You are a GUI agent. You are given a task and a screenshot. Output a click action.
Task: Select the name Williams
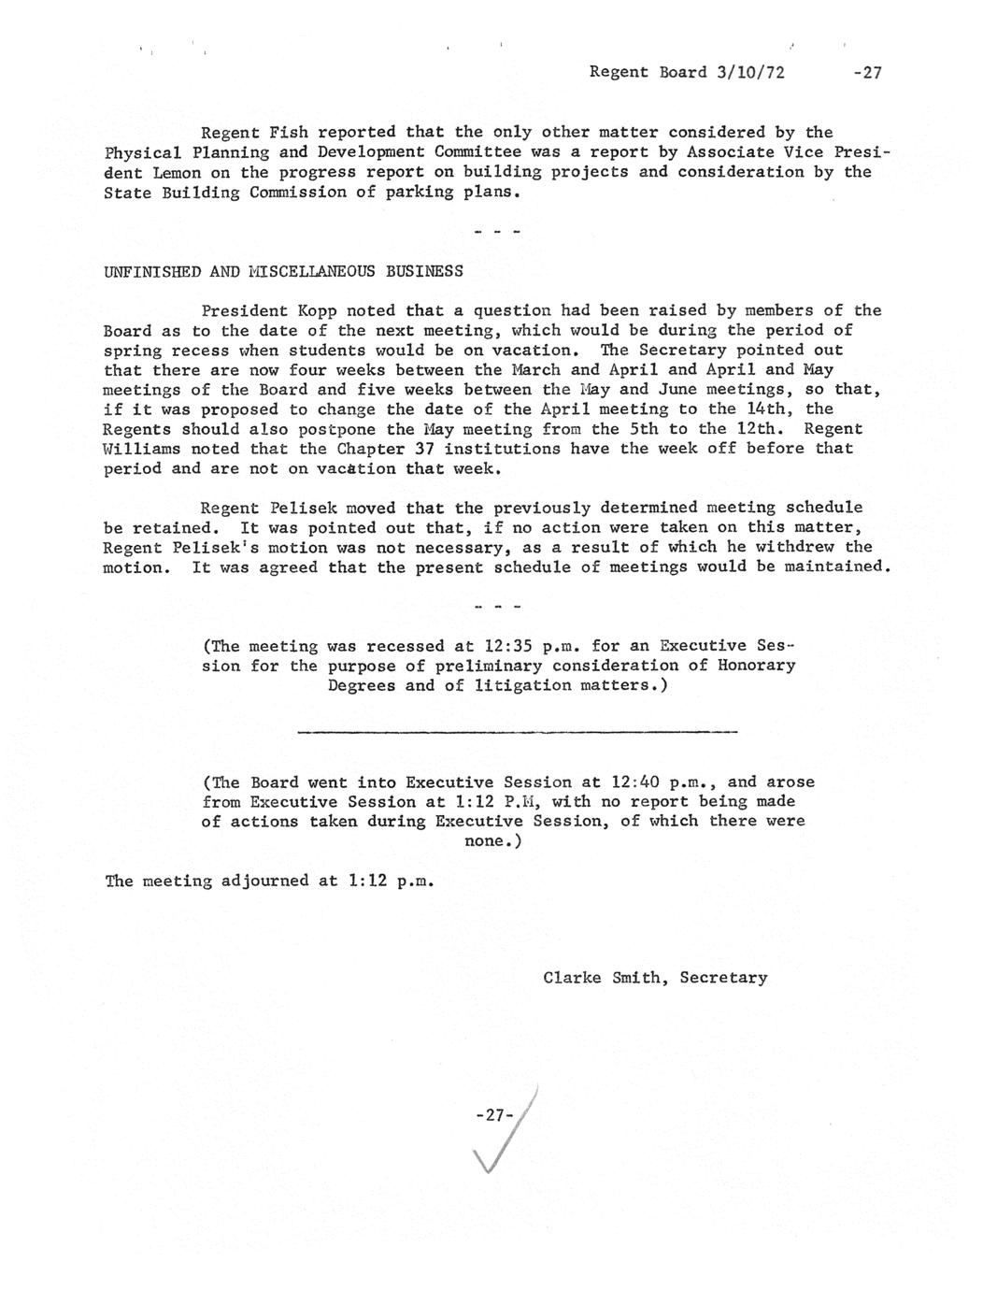pyautogui.click(x=140, y=449)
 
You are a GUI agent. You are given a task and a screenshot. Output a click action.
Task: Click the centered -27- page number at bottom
pyautogui.click(x=494, y=1114)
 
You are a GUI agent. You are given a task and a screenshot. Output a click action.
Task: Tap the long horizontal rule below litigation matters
pyautogui.click(x=517, y=731)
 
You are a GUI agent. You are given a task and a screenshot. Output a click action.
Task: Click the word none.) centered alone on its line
pyautogui.click(x=492, y=841)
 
